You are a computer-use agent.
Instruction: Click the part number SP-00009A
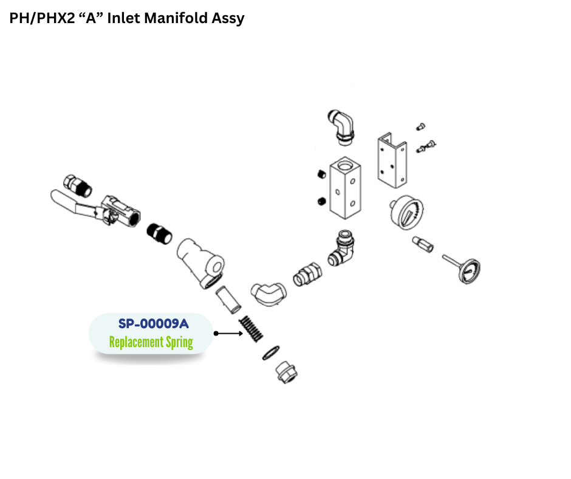point(153,323)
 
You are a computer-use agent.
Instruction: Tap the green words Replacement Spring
point(151,342)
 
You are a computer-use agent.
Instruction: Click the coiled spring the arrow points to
point(251,329)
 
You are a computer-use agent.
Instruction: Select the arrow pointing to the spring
point(228,333)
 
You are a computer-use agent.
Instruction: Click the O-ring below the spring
point(271,353)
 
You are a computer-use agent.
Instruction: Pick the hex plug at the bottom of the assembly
point(287,373)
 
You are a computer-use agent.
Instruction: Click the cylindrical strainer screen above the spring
point(228,300)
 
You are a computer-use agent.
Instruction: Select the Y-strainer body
point(200,263)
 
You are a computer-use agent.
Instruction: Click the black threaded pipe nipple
point(159,233)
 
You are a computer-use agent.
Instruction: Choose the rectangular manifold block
point(345,188)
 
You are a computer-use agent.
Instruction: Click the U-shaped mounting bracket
point(392,160)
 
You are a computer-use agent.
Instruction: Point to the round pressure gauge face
point(407,213)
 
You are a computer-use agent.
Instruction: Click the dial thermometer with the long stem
point(462,268)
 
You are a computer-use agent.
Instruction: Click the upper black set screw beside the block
point(321,174)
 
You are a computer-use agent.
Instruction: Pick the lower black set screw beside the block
point(321,201)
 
